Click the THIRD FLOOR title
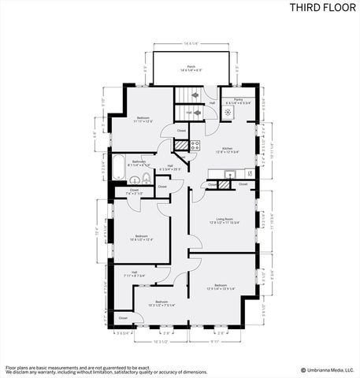[322, 9]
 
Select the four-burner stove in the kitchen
[194, 146]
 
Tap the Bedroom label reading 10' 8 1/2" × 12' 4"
[142, 237]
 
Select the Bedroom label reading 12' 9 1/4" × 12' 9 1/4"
[223, 287]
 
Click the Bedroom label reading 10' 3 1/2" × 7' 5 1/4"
[161, 303]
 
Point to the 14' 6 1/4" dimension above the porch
[191, 43]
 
